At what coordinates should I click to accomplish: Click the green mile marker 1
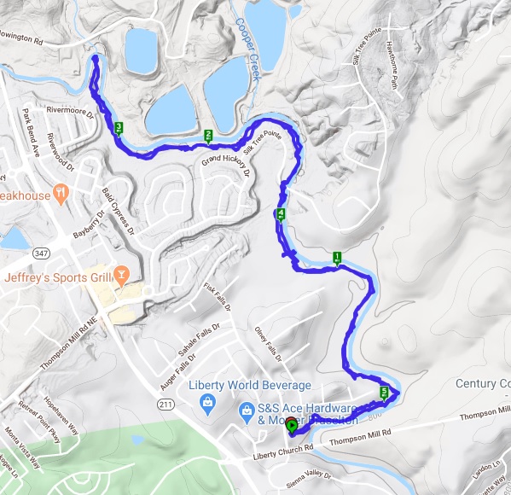[337, 256]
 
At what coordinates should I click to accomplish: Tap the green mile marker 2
[208, 135]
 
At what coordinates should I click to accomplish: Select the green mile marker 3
[119, 128]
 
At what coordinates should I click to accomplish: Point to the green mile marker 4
[281, 213]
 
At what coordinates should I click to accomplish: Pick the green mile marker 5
[384, 393]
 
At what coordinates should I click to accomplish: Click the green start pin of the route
[291, 425]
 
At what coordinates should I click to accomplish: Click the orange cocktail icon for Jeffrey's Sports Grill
[122, 275]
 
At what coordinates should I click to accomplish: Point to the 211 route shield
[165, 402]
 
